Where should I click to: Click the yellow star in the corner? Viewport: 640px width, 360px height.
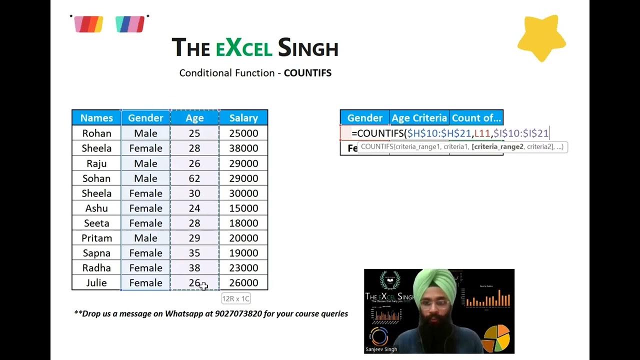541,38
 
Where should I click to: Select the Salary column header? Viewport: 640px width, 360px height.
243,118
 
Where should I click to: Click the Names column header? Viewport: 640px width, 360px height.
96,118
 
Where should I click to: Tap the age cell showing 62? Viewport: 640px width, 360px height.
194,178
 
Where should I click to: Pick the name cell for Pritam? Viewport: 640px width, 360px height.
96,238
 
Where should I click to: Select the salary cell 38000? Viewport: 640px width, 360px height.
243,148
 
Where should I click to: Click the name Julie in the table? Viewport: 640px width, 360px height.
96,283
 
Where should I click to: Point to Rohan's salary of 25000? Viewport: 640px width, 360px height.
243,133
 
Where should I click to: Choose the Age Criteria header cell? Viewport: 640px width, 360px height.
419,118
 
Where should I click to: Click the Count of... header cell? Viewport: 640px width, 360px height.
476,118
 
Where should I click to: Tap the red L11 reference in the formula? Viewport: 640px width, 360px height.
482,133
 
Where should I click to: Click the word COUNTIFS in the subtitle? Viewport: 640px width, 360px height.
307,73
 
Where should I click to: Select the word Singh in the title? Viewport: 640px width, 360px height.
308,48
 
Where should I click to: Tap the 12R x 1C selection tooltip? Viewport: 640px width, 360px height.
235,298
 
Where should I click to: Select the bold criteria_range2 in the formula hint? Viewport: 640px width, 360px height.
498,147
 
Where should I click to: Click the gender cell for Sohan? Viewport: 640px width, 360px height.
145,178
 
